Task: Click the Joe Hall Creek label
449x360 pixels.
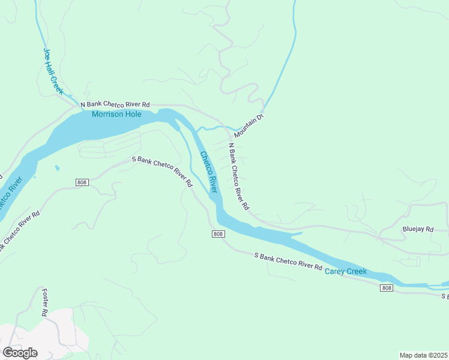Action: click(x=53, y=71)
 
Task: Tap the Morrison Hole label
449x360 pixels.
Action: click(x=116, y=115)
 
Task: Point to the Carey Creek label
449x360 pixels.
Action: click(x=345, y=272)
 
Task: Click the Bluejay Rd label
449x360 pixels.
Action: click(x=417, y=229)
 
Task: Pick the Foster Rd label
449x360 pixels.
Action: click(x=44, y=302)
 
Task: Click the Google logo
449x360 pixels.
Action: click(x=19, y=352)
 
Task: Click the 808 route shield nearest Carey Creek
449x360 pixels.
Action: click(x=387, y=289)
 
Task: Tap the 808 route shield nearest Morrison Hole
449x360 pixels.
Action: click(x=83, y=182)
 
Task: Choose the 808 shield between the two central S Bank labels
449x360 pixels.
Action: click(x=218, y=233)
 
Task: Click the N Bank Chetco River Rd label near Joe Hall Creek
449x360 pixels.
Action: click(x=115, y=104)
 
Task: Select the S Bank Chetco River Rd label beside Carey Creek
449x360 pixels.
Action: click(x=288, y=262)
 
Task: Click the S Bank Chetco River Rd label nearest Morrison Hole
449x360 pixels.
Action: click(x=162, y=171)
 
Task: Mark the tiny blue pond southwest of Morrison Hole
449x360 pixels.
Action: click(x=56, y=168)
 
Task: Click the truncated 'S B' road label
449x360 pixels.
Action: click(x=445, y=296)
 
